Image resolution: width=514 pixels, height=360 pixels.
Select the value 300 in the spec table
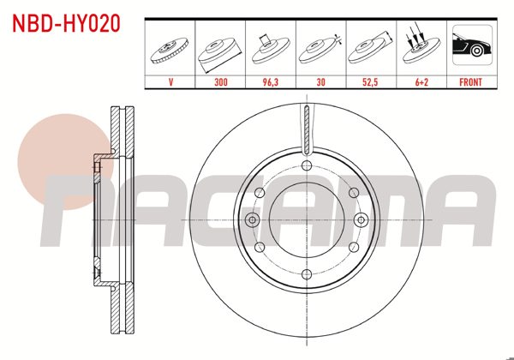pos(221,83)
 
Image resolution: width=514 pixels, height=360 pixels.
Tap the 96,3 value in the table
pos(271,83)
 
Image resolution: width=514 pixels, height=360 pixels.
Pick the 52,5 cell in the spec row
pos(370,83)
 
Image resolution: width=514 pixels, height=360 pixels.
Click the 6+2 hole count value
pos(420,83)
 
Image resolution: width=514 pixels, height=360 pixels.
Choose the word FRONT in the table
pos(470,83)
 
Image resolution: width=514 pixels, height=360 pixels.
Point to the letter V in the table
pos(171,83)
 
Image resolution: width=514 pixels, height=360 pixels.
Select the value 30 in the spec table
pos(320,83)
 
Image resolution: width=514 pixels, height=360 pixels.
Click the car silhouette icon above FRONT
pos(470,48)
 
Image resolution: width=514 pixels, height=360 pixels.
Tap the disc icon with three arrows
pos(420,48)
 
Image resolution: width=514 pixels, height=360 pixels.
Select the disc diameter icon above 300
pos(221,50)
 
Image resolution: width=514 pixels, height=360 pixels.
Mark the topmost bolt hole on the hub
pos(306,165)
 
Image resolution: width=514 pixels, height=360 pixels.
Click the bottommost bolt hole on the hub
pos(306,273)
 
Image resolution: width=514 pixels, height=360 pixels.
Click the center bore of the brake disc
pos(306,219)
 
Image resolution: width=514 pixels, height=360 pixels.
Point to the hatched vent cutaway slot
pos(306,129)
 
